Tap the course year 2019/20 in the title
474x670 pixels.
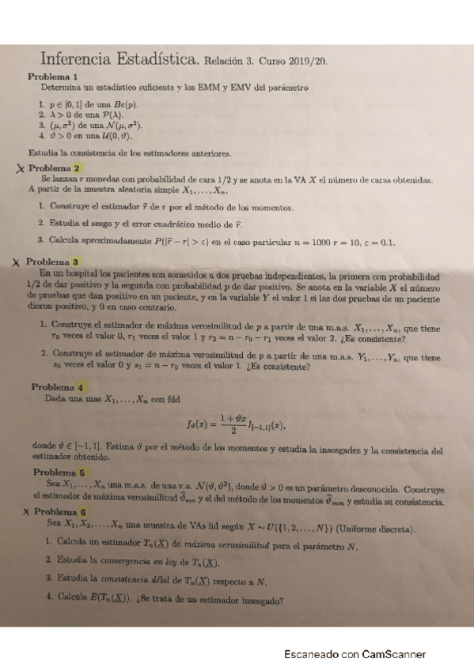[x=309, y=60]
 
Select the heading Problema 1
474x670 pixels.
[x=52, y=77]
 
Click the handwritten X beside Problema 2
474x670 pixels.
[x=20, y=168]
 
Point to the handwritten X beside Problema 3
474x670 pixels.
[x=16, y=262]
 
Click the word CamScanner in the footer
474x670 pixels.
[x=394, y=654]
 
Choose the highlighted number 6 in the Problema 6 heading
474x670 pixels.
[x=82, y=512]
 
